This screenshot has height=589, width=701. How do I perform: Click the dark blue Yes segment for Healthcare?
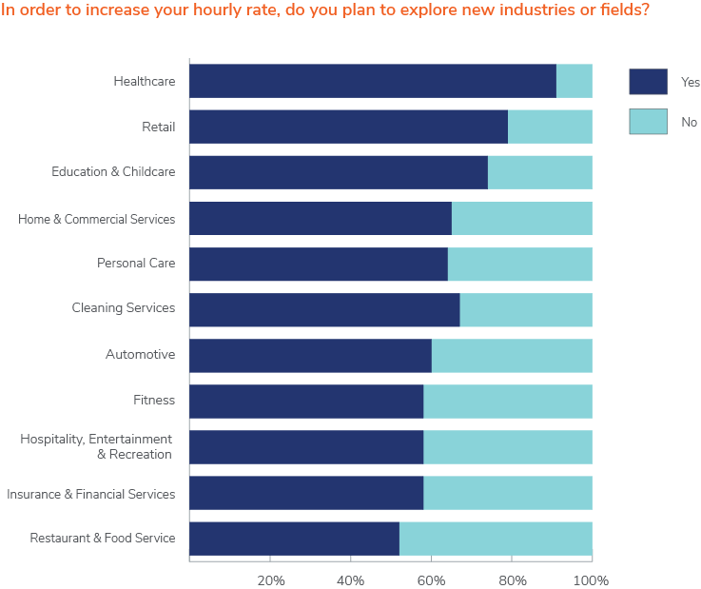tap(372, 81)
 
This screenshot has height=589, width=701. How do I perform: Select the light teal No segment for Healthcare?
tap(574, 81)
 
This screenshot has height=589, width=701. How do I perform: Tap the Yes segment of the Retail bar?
tap(348, 127)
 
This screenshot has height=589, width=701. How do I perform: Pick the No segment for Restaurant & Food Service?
tap(496, 539)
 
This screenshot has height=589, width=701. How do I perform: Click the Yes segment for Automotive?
tap(310, 355)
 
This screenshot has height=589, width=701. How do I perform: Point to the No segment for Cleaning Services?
tap(526, 309)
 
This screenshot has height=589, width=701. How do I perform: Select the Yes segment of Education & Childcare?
tap(339, 172)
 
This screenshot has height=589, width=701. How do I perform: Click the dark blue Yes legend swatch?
tap(648, 82)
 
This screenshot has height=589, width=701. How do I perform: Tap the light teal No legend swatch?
tap(648, 122)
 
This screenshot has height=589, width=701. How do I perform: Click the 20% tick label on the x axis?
tap(271, 580)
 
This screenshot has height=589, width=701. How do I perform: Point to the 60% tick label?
tap(432, 580)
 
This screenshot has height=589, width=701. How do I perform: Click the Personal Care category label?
tap(136, 263)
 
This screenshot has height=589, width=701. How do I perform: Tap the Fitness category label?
tap(154, 400)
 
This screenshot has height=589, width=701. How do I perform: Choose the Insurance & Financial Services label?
tap(91, 494)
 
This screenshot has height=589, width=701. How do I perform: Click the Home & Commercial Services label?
tap(96, 219)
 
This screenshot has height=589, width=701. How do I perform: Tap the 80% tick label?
tap(512, 580)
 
